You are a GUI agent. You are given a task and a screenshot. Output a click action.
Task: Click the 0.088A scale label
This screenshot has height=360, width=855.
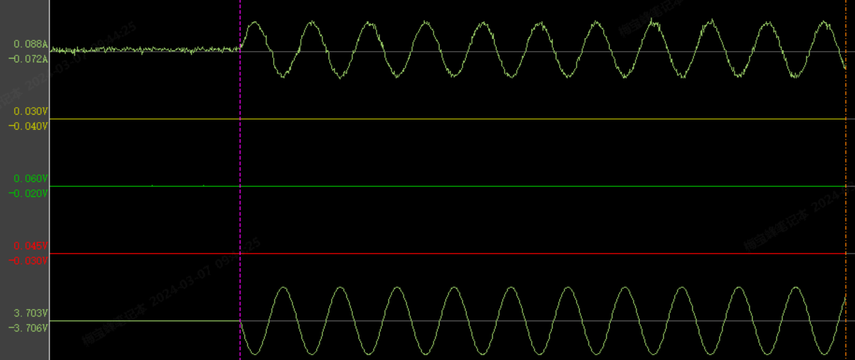(31, 44)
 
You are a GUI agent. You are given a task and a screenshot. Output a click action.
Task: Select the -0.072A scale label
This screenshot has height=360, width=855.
(29, 59)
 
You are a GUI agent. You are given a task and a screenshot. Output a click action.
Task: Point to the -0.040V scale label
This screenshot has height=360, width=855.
(29, 126)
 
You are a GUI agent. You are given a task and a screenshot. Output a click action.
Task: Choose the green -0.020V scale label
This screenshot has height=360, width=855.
(29, 194)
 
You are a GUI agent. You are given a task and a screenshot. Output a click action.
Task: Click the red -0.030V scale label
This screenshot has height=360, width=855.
(29, 261)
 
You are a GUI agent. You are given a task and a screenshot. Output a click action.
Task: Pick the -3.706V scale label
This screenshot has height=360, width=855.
(29, 328)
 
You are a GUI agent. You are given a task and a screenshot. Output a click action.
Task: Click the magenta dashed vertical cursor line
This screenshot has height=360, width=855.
(240, 156)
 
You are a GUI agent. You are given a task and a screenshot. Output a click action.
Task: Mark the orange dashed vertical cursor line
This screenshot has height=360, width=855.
(846, 156)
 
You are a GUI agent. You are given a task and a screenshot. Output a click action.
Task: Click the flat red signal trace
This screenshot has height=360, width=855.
(499, 253)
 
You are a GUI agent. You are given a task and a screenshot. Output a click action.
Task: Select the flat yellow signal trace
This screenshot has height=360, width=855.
(499, 119)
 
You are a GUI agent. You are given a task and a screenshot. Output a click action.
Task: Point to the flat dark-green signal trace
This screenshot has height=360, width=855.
(499, 186)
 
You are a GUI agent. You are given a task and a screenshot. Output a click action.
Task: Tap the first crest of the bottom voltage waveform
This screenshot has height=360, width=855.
(284, 288)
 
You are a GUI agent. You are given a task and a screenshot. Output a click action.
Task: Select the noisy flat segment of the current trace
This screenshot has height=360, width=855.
(143, 49)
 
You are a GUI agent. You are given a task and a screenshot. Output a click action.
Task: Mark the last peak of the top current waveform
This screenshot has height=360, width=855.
(824, 23)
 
